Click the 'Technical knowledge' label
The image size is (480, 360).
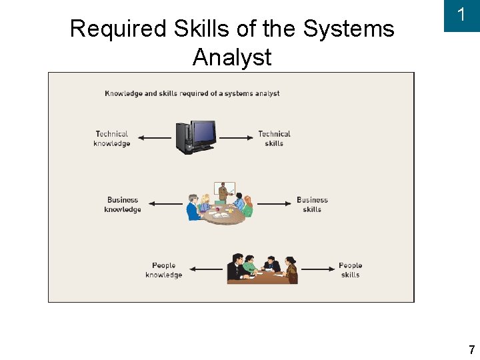(112, 139)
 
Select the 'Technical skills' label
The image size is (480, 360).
(274, 139)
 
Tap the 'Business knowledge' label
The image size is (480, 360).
(123, 205)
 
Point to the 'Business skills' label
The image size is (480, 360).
(312, 205)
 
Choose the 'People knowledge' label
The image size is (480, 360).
(163, 270)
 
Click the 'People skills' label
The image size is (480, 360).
(350, 270)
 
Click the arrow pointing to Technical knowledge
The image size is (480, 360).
(155, 138)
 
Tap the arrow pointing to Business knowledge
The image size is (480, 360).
(165, 204)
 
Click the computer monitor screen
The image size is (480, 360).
(203, 132)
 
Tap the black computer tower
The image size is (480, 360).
(183, 139)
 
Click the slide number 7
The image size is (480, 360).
(471, 350)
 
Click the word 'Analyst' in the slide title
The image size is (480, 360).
(232, 57)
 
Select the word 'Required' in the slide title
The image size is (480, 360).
(118, 29)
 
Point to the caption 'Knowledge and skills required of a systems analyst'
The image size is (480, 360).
(192, 93)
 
